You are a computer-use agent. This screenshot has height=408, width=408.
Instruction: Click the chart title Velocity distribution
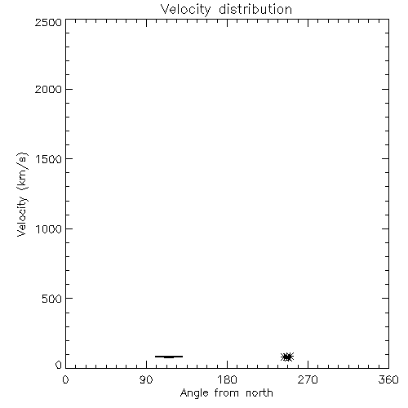(x=226, y=10)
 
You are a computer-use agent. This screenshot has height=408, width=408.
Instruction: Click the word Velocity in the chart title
(x=185, y=10)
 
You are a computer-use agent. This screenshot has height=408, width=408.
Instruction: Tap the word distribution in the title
(x=255, y=9)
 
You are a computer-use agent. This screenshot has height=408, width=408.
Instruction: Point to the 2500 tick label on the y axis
(x=48, y=22)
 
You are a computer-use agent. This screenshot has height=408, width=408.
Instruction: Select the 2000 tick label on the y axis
(x=48, y=89)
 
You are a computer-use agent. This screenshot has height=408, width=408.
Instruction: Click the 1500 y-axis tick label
(x=49, y=159)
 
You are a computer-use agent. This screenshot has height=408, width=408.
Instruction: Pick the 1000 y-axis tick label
(x=49, y=228)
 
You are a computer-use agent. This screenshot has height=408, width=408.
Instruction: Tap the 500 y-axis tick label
(x=52, y=299)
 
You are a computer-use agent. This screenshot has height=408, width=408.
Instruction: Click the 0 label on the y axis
(x=59, y=365)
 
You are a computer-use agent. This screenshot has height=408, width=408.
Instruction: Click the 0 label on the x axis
(x=65, y=379)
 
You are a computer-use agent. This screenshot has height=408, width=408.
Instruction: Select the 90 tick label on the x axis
(x=146, y=379)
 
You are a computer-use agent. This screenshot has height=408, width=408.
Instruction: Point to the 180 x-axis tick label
(x=227, y=379)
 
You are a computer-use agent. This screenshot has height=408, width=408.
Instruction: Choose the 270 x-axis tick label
(x=308, y=379)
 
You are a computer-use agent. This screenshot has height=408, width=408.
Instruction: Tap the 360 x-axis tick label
(x=388, y=379)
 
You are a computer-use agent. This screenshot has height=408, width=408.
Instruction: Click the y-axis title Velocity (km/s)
(x=22, y=194)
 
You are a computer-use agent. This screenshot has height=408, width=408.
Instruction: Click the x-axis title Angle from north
(x=227, y=393)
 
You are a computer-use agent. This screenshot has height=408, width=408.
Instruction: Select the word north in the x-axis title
(x=259, y=393)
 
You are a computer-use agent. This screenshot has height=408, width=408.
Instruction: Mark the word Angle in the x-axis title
(x=194, y=394)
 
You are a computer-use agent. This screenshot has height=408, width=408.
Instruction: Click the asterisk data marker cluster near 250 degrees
(x=287, y=357)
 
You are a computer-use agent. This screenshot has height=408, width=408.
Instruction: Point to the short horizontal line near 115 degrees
(x=169, y=357)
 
